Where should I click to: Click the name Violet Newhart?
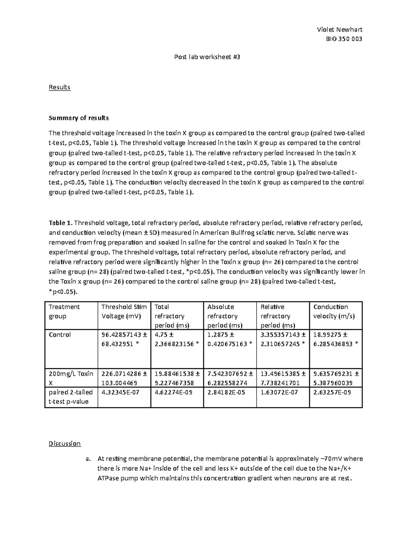(339, 30)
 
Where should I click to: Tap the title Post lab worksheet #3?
(207, 57)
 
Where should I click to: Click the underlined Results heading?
(59, 87)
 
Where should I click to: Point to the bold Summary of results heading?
(79, 118)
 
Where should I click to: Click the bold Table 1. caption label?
(61, 223)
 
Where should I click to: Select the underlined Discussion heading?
(64, 444)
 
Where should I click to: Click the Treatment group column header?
(64, 312)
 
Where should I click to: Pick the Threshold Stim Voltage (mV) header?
(124, 312)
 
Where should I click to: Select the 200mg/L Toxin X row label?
(71, 378)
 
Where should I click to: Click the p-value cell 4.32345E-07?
(118, 392)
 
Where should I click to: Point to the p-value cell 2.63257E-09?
(330, 392)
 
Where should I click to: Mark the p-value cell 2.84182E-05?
(224, 392)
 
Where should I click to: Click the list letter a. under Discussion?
(87, 459)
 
